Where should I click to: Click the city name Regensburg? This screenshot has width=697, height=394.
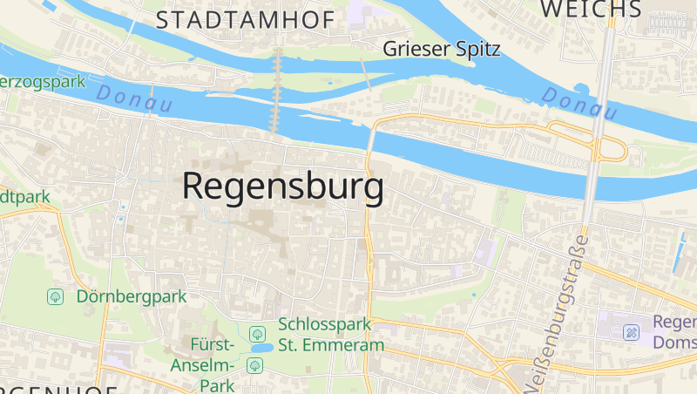click(x=283, y=187)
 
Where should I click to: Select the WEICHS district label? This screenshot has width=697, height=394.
click(x=592, y=9)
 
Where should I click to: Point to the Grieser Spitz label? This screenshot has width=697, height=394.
click(x=442, y=49)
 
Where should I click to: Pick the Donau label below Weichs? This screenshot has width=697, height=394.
click(x=579, y=104)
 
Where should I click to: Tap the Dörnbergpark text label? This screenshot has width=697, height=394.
click(x=132, y=296)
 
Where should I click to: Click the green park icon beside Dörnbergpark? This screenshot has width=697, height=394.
click(x=56, y=296)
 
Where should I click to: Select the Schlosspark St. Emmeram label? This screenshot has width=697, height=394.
click(x=331, y=335)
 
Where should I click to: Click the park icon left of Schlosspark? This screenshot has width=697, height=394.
click(x=257, y=334)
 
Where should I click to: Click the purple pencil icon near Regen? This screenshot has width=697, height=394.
click(x=632, y=332)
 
